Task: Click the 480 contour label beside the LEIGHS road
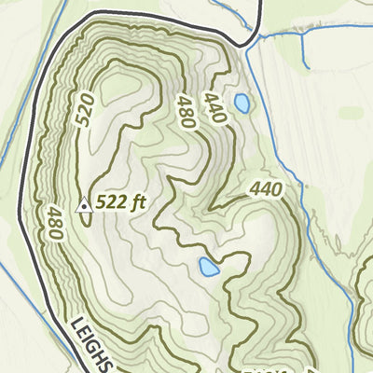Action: [x=52, y=222]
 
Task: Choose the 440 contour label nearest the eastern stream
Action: [x=266, y=190]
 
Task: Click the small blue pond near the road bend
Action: [x=242, y=103]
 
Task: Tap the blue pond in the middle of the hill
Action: [x=208, y=269]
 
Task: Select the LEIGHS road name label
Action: [x=90, y=344]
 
